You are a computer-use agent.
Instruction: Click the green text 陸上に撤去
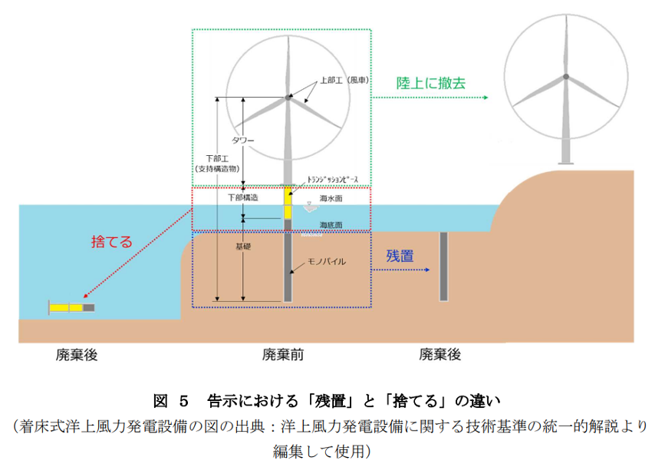[431, 83]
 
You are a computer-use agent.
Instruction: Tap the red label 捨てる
[111, 242]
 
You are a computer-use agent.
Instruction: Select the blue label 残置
[400, 256]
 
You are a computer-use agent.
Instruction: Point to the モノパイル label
[327, 261]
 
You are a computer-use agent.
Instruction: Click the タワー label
[242, 141]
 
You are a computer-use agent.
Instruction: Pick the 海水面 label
[331, 198]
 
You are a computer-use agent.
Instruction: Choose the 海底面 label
[331, 225]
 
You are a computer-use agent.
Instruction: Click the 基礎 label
[243, 247]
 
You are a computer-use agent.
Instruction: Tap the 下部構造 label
[243, 197]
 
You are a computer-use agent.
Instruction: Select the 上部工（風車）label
[344, 80]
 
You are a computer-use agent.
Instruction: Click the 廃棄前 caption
[283, 355]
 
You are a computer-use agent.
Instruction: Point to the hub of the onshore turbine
[566, 77]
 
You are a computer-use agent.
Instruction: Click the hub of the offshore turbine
[288, 98]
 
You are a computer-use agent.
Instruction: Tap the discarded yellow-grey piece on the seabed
[71, 307]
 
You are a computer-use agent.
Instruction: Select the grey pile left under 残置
[443, 267]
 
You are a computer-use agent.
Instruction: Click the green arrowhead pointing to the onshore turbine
[486, 98]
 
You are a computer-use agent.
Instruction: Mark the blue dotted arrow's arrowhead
[427, 270]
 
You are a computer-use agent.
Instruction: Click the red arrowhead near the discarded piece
[85, 296]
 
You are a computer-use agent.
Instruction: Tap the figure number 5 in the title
[184, 401]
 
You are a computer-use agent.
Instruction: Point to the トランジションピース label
[332, 180]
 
